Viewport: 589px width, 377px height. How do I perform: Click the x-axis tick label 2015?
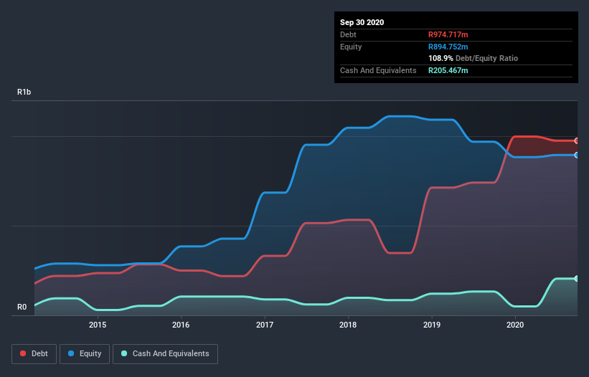(x=98, y=325)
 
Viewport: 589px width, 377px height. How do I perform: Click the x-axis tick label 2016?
(x=181, y=325)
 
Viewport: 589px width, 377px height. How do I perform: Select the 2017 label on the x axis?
(x=265, y=325)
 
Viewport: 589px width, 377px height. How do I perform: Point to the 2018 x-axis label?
(x=348, y=325)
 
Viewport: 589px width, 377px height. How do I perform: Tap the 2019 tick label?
(x=432, y=325)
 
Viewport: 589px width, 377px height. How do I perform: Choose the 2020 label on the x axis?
(x=515, y=325)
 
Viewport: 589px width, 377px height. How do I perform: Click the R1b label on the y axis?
(x=24, y=92)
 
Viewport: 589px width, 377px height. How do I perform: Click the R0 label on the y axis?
(x=22, y=307)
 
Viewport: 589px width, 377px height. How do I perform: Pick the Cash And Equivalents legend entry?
(x=165, y=353)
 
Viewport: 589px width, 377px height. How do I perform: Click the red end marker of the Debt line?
(x=576, y=140)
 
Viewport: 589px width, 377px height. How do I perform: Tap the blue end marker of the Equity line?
(x=576, y=155)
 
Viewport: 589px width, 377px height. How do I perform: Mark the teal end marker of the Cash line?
(x=576, y=278)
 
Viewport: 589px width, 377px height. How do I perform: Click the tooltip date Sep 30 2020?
(x=362, y=22)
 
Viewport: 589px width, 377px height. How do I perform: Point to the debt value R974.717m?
(x=448, y=34)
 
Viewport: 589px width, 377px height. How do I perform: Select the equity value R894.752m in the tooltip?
(x=448, y=47)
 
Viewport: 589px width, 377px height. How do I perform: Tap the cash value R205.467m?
(x=448, y=70)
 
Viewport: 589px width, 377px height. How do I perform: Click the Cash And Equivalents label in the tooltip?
(x=378, y=70)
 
